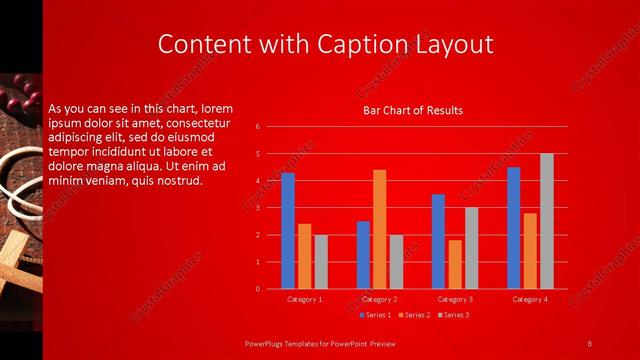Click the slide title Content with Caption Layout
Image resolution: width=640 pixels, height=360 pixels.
point(326,44)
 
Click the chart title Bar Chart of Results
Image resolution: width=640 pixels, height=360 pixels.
point(412,110)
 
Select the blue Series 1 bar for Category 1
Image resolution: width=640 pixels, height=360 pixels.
point(288,230)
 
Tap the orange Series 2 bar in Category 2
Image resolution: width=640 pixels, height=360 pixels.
point(379,229)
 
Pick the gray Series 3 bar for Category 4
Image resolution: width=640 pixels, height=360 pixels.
point(546,221)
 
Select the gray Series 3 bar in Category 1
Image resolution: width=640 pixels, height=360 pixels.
point(320,262)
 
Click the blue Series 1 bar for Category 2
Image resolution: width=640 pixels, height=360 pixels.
point(363,255)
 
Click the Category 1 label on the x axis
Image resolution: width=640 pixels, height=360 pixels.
point(304,299)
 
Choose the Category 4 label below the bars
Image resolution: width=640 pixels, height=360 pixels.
point(530,299)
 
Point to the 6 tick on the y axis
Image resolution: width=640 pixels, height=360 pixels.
point(258,127)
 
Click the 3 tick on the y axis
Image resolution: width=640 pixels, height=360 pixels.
point(258,208)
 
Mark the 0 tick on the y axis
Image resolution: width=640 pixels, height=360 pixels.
point(258,289)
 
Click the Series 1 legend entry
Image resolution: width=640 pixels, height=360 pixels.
point(376,315)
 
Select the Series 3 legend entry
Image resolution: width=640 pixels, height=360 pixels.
point(453,315)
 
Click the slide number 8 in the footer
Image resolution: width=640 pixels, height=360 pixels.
point(589,344)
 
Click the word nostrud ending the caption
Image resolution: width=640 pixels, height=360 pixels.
point(181,181)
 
